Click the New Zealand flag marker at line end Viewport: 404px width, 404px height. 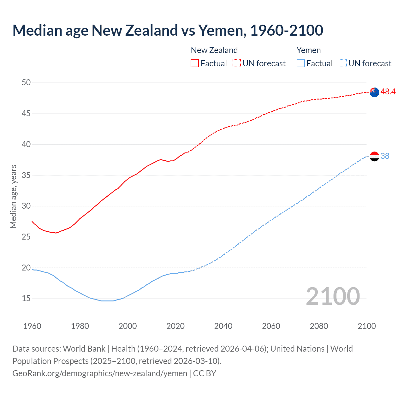click(374, 92)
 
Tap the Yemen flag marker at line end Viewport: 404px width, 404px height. click(374, 156)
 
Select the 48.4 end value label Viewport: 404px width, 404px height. click(388, 92)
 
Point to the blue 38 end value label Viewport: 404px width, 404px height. click(385, 156)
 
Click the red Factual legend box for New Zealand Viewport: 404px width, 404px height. click(195, 63)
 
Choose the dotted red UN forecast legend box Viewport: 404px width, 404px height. click(237, 63)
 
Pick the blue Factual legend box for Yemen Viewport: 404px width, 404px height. click(301, 63)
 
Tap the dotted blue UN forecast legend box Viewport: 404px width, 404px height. click(342, 63)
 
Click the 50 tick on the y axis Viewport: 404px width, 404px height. click(26, 83)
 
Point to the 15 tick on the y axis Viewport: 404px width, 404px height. click(26, 299)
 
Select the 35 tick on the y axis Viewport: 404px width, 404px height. click(26, 175)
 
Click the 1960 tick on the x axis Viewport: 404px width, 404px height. click(32, 326)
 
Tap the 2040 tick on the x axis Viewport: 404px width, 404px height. click(223, 326)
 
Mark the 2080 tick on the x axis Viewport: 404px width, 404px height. click(319, 326)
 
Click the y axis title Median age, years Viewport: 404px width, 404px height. click(13, 196)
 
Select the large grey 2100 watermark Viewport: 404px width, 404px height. click(333, 296)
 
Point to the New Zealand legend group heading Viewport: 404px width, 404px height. click(214, 50)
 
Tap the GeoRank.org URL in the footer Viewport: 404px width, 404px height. click(100, 373)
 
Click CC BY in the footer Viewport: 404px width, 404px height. click(205, 373)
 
